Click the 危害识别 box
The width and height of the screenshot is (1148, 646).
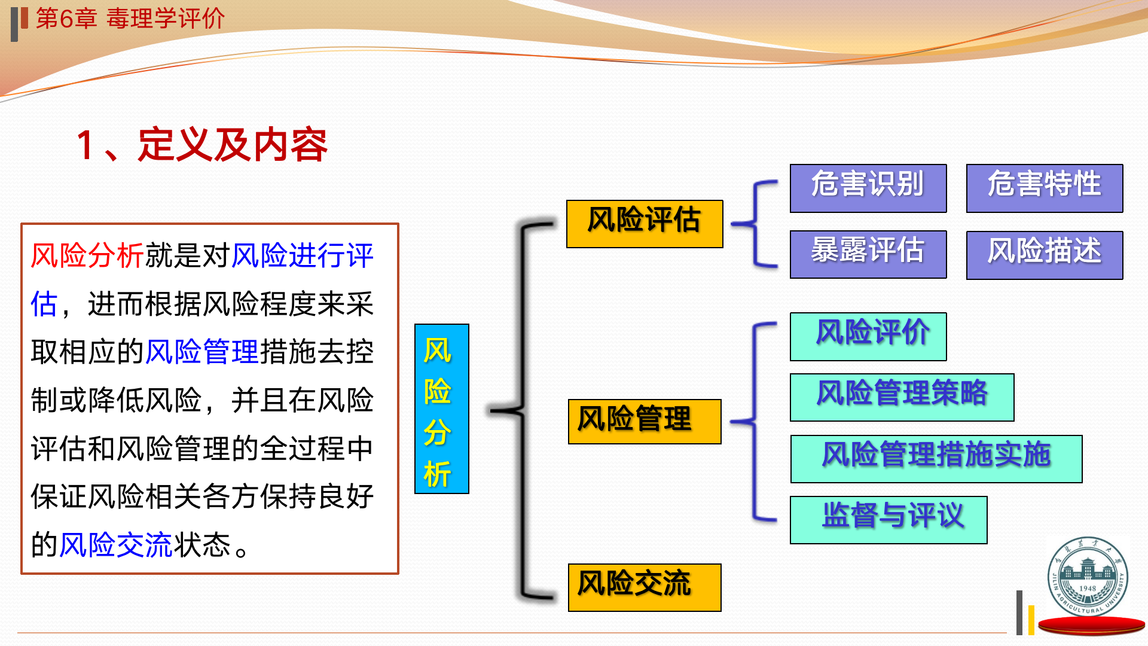[868, 188]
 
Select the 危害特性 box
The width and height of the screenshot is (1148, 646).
[1044, 188]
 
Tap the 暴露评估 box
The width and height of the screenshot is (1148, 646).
[868, 254]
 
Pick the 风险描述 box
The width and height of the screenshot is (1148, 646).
[1044, 255]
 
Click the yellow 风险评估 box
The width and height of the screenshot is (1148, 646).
[644, 224]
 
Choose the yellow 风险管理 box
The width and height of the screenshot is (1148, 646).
[644, 421]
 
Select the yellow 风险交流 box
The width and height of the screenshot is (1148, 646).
[644, 587]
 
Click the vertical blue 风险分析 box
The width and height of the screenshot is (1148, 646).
[441, 409]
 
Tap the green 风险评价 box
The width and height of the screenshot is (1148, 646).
[868, 336]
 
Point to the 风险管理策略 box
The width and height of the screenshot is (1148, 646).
[902, 397]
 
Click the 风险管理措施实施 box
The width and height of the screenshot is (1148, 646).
[936, 458]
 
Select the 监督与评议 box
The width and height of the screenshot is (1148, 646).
[888, 519]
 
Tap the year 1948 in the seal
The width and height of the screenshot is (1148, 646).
[1088, 588]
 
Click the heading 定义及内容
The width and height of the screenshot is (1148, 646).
[233, 145]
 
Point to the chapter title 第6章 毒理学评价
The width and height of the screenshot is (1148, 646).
[130, 18]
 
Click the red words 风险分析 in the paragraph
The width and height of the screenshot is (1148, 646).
[87, 255]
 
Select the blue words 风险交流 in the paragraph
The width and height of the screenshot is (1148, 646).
[115, 544]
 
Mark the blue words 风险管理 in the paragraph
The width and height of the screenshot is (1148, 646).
[201, 352]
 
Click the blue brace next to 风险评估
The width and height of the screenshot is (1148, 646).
[755, 224]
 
